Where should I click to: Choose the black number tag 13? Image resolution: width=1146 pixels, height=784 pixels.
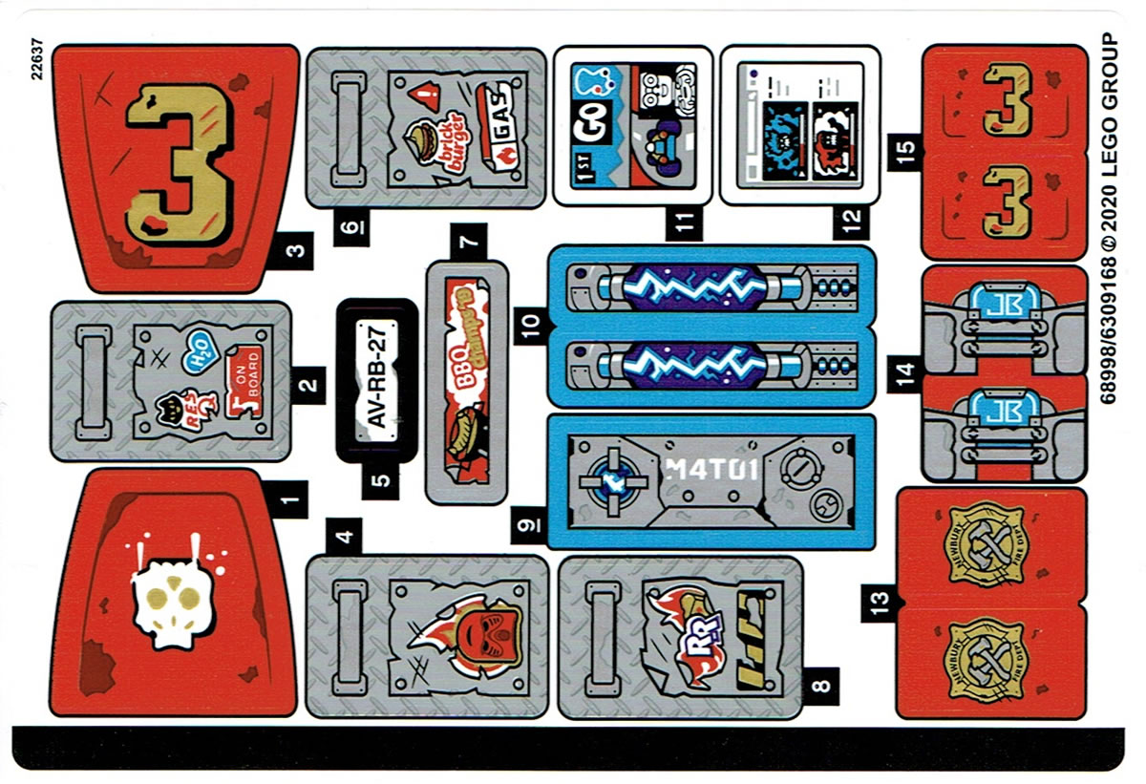pos(880,601)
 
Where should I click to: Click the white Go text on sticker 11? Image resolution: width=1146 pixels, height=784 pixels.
pos(584,131)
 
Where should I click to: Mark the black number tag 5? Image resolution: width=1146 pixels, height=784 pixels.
pos(383,480)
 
